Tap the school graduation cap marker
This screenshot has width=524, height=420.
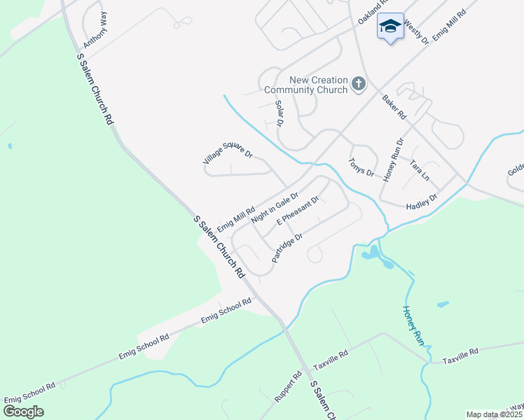(390, 27)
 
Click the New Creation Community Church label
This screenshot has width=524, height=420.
(305, 85)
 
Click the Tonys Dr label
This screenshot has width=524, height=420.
(361, 167)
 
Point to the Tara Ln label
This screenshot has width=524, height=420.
(419, 168)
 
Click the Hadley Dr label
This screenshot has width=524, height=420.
(422, 202)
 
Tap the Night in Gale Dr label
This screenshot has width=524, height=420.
(275, 207)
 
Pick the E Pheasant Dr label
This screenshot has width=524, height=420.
(298, 211)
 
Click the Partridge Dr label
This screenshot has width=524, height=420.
(287, 248)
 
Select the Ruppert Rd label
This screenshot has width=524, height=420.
(288, 387)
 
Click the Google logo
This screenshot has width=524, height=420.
(23, 412)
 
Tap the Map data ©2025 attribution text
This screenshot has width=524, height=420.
(495, 414)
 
